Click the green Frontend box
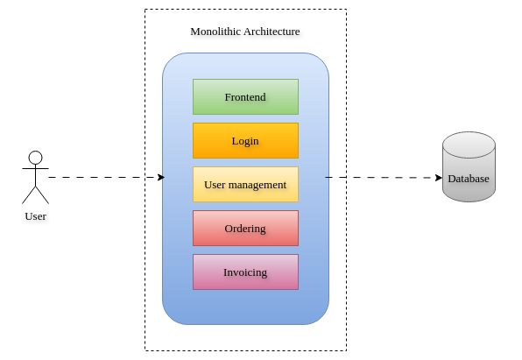pos(246,97)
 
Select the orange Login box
pos(246,140)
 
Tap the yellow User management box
pos(246,185)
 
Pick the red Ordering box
pos(246,228)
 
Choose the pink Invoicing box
pos(246,272)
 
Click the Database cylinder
pos(469,166)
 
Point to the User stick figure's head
pos(35,158)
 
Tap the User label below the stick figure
pos(36,216)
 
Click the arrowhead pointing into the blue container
pos(161,177)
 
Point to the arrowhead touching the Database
pos(439,178)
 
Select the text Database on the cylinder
pos(469,179)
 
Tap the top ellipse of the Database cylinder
pos(469,145)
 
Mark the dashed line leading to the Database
pos(384,178)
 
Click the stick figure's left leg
pos(29,195)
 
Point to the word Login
pos(245,141)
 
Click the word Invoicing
pos(245,272)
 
